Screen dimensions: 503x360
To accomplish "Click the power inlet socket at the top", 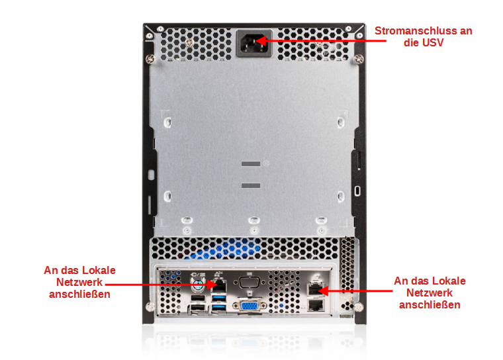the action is coord(254,43).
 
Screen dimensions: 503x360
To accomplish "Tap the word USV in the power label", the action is coord(433,42).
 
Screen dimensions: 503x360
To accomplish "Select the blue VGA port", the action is coord(250,306).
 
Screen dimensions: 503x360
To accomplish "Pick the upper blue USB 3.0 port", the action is coord(219,298).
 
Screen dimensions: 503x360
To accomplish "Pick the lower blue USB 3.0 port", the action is coord(219,308).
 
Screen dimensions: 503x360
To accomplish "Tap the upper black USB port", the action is coord(198,298).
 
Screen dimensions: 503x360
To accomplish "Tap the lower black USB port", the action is coord(198,308).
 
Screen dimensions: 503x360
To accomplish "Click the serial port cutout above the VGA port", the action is coord(250,283).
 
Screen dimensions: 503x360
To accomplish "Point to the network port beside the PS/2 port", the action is coord(220,285).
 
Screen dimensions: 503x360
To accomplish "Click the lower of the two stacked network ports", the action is coord(316,305).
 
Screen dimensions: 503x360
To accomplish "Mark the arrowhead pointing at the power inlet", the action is coord(261,41).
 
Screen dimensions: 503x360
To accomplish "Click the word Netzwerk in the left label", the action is coord(79,283).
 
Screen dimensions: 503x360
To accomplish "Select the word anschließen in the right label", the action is coord(430,304).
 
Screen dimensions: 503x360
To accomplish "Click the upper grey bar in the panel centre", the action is coord(251,163).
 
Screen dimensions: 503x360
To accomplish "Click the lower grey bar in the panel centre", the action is coord(251,185).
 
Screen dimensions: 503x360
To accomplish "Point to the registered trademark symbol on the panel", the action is coord(266,163).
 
